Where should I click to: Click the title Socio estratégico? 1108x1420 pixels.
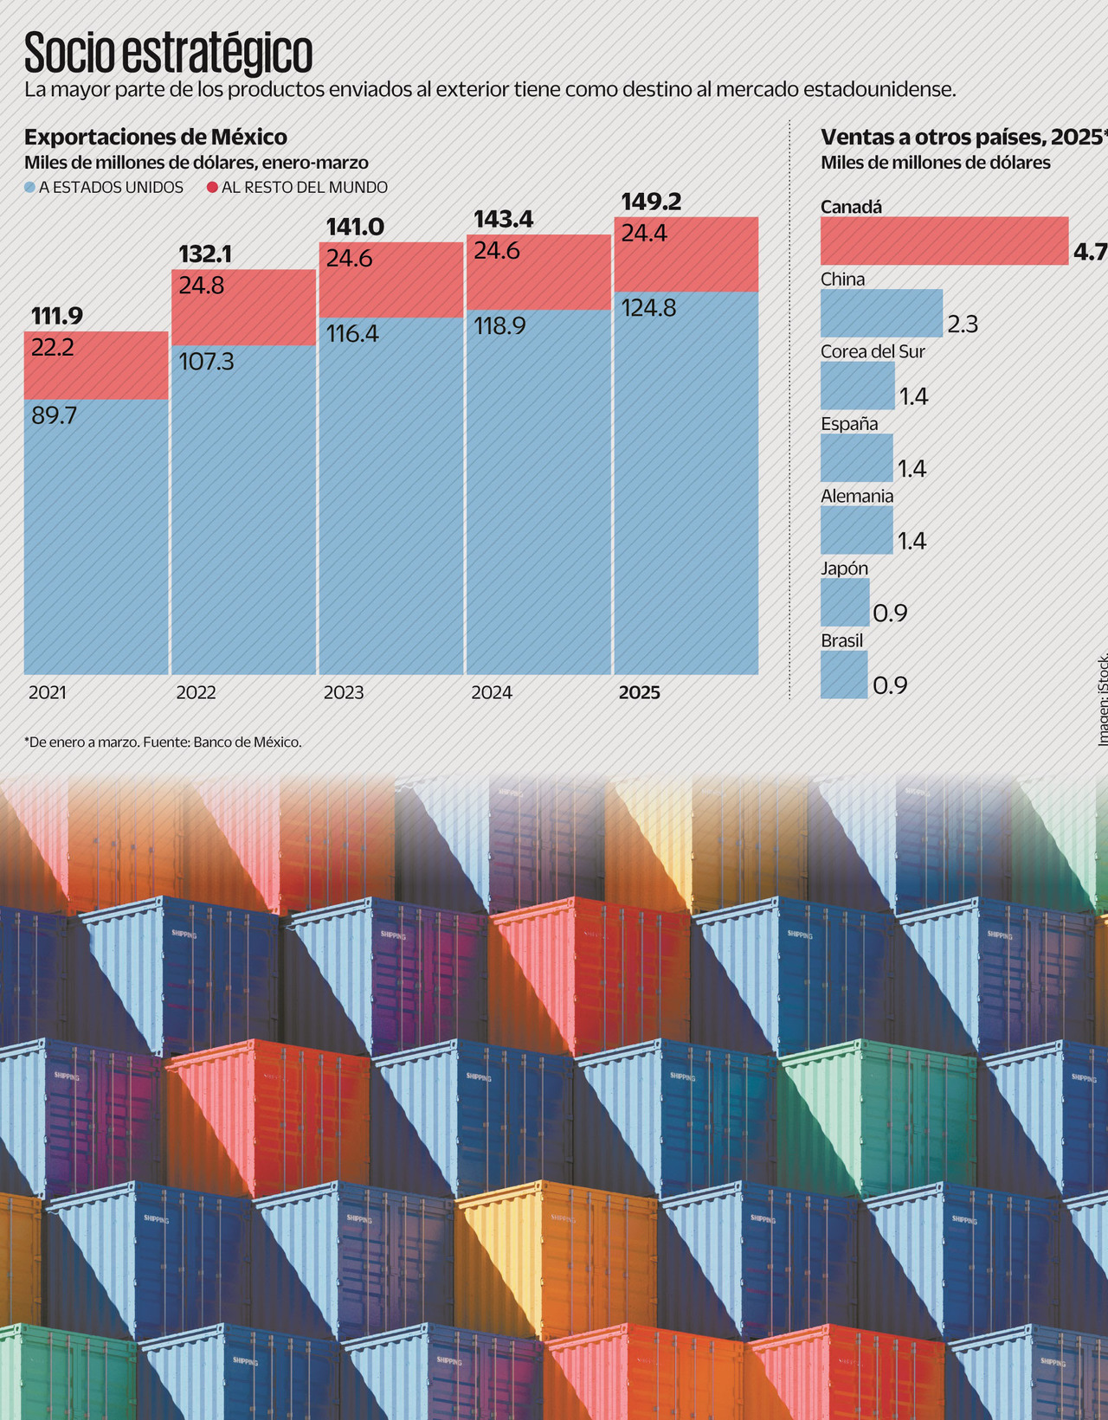pyautogui.click(x=168, y=54)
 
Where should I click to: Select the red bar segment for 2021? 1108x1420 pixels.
pyautogui.click(x=96, y=365)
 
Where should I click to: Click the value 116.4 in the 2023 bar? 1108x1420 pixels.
pyautogui.click(x=352, y=334)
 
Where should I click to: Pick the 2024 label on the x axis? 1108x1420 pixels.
pyautogui.click(x=492, y=692)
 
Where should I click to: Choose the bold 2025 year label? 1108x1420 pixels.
pyautogui.click(x=639, y=692)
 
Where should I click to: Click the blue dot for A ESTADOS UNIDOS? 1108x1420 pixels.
pyautogui.click(x=30, y=188)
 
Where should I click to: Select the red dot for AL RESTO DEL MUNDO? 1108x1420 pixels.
pyautogui.click(x=212, y=188)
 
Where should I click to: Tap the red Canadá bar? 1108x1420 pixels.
pyautogui.click(x=944, y=241)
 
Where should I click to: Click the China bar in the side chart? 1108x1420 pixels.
pyautogui.click(x=881, y=313)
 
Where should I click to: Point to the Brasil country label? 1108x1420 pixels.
pyautogui.click(x=841, y=640)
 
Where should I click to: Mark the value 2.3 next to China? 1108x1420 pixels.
pyautogui.click(x=963, y=324)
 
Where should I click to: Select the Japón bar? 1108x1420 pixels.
pyautogui.click(x=845, y=602)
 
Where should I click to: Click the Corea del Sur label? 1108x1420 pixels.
pyautogui.click(x=873, y=351)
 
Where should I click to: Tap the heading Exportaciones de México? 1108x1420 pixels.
pyautogui.click(x=156, y=137)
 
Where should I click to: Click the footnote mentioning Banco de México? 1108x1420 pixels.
pyautogui.click(x=163, y=742)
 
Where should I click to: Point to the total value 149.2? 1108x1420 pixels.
pyautogui.click(x=651, y=202)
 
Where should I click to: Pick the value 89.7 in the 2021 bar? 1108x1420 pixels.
pyautogui.click(x=54, y=415)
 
